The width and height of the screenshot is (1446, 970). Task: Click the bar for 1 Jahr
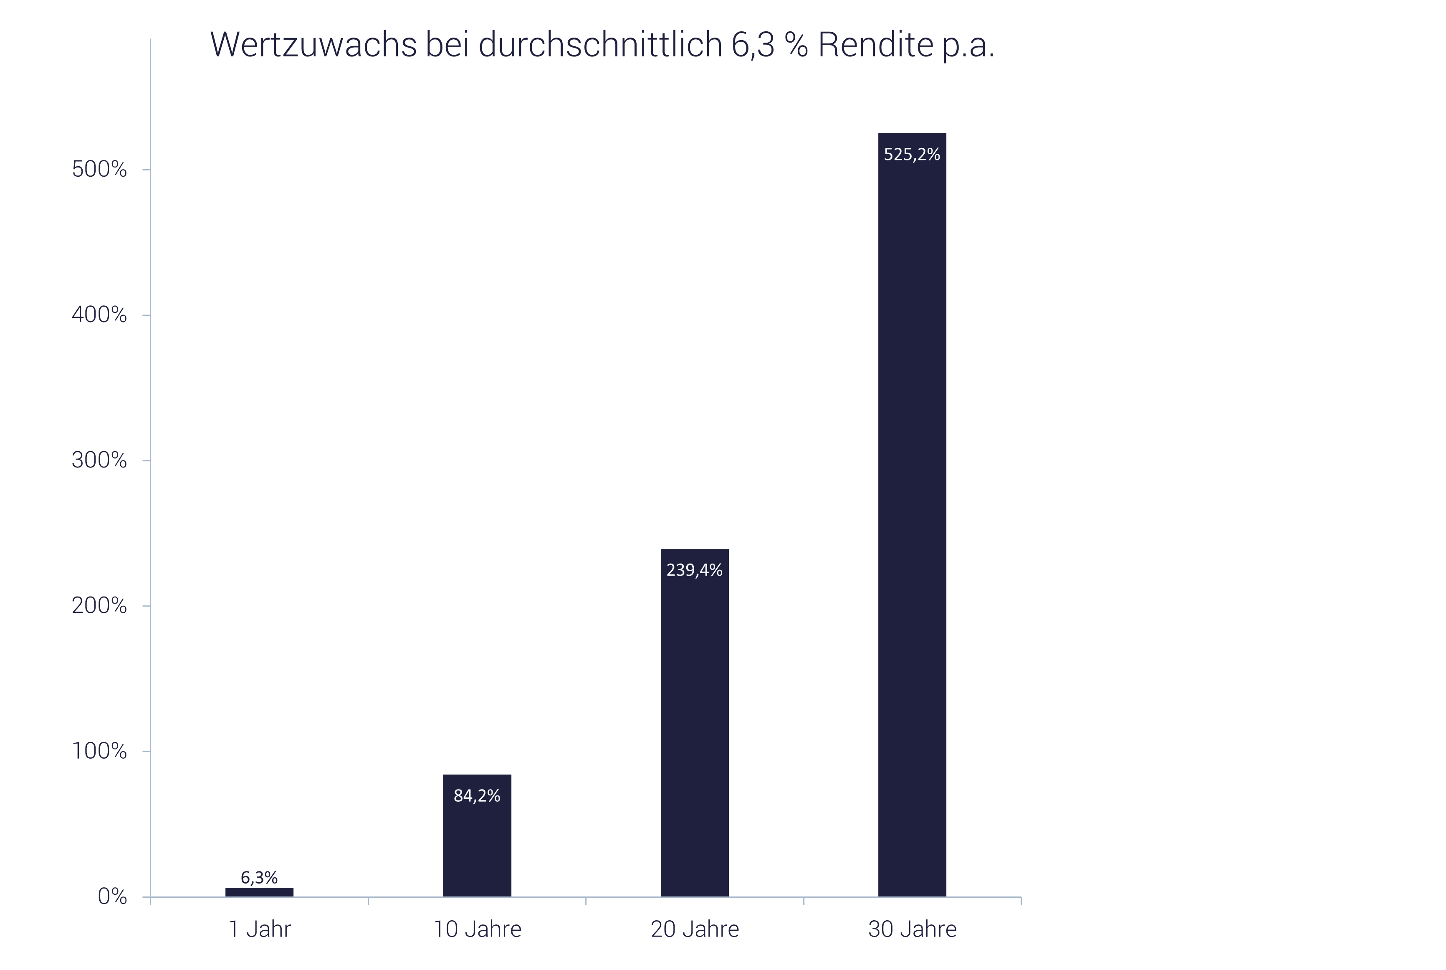tap(259, 892)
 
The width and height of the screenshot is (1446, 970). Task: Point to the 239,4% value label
tap(694, 570)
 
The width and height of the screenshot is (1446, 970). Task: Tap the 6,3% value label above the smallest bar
tap(259, 878)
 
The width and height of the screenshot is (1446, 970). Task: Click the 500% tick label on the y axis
tap(99, 170)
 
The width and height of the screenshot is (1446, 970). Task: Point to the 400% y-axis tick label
tap(99, 315)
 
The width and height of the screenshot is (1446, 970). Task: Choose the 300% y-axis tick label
tap(99, 460)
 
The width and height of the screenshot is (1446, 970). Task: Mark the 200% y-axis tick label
tap(99, 606)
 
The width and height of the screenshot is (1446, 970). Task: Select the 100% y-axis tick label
tap(99, 751)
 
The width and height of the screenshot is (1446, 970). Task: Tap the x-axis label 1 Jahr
tap(259, 929)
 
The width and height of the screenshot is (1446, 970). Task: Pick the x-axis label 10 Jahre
tap(477, 929)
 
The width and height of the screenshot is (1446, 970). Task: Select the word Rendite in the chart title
tap(875, 45)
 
